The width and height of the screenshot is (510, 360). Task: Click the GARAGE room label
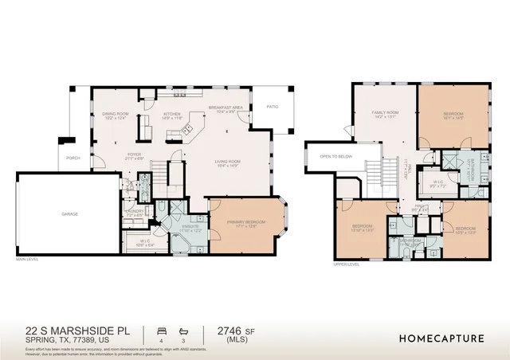(x=70, y=213)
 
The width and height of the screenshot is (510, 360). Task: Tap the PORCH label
(x=73, y=157)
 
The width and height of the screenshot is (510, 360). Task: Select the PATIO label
(x=272, y=107)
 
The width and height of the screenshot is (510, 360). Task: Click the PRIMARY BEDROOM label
(x=239, y=225)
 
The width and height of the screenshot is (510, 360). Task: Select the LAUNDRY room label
(x=134, y=212)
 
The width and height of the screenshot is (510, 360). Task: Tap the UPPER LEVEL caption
(x=347, y=264)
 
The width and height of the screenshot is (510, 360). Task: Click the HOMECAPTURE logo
(x=441, y=337)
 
